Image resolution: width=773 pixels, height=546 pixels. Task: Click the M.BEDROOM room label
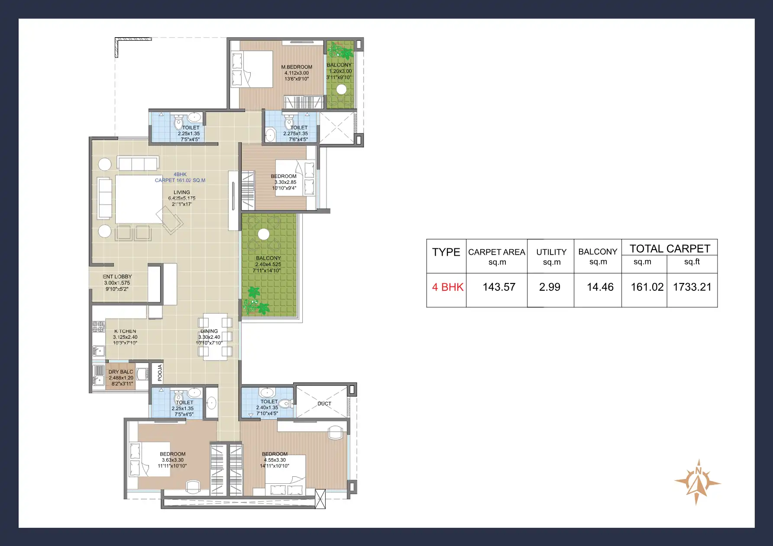[x=297, y=67]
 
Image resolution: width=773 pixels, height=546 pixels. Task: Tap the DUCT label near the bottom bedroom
[x=324, y=404]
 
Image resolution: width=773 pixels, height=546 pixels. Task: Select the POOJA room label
[x=160, y=373]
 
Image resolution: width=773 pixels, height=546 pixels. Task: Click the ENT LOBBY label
[x=117, y=276]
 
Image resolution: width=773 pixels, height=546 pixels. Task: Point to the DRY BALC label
[x=121, y=372]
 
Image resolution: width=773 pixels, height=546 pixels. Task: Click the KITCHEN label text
[x=125, y=331]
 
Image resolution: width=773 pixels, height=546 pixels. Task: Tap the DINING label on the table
[x=209, y=331]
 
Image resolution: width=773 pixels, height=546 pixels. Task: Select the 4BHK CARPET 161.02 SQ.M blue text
[x=180, y=177]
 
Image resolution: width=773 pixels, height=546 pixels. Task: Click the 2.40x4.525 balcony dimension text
[x=268, y=264]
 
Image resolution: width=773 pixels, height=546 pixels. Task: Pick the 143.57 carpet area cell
[x=499, y=287]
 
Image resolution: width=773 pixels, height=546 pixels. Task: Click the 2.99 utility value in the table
[x=550, y=287]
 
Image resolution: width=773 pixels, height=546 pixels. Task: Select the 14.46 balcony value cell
[x=600, y=287]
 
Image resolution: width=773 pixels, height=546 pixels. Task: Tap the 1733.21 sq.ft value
[x=692, y=287]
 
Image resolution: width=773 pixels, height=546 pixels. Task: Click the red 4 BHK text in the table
[x=447, y=287]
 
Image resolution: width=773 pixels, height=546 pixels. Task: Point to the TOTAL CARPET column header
[x=670, y=249]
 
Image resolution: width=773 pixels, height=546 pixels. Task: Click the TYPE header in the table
[x=446, y=252]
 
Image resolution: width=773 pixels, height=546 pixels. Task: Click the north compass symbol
[x=697, y=482]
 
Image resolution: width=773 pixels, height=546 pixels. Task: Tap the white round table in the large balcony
[x=263, y=234]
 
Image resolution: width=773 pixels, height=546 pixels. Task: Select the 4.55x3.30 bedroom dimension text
[x=275, y=460]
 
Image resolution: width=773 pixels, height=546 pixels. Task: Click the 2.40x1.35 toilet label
[x=267, y=408]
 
